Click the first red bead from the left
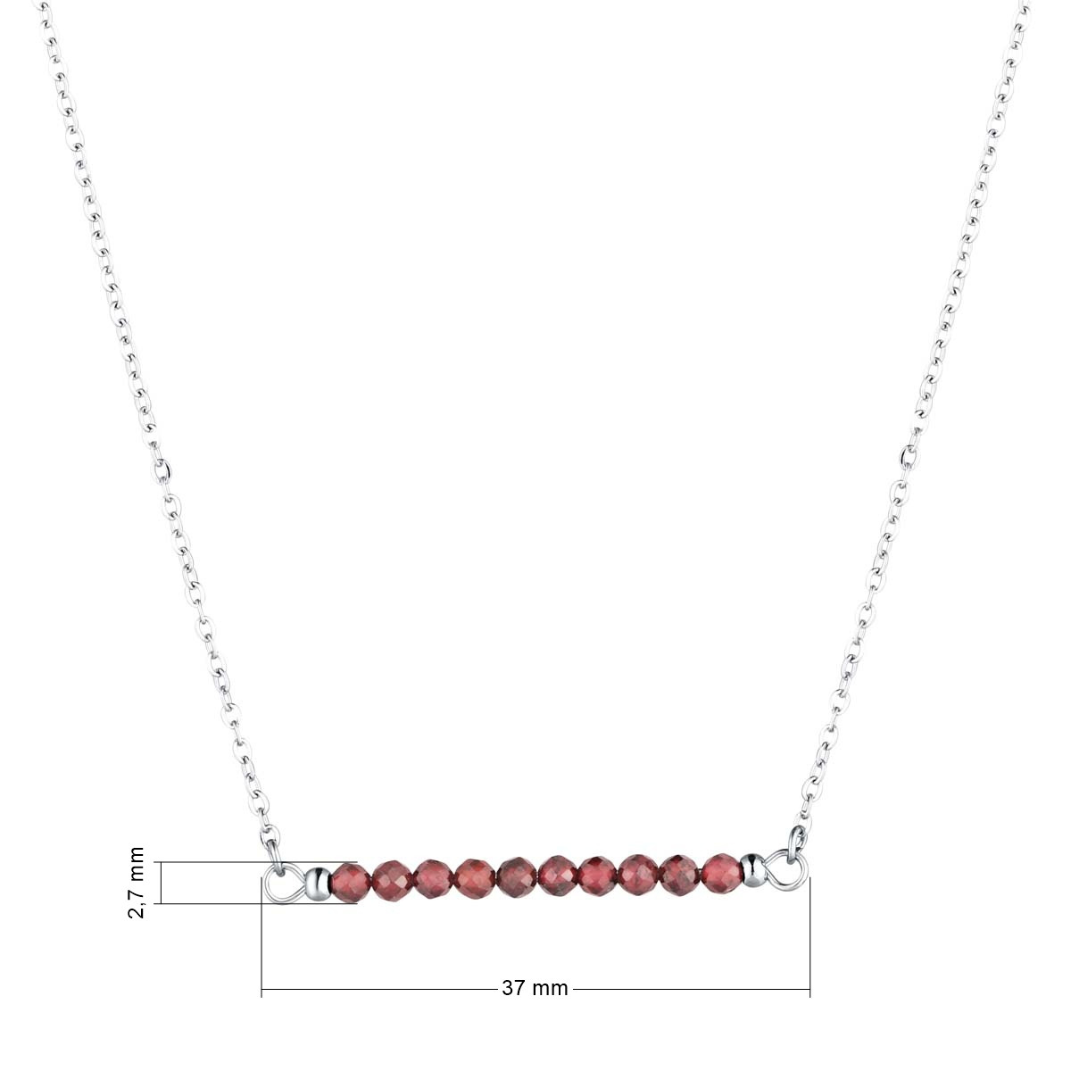352,882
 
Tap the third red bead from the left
434,880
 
